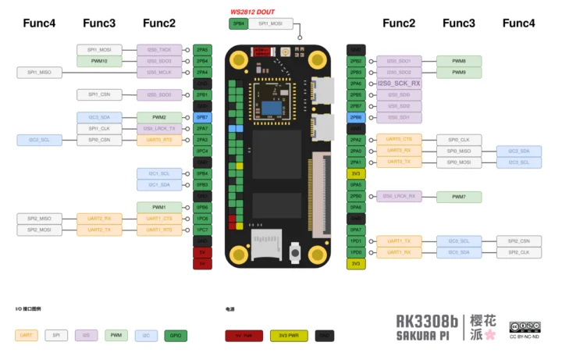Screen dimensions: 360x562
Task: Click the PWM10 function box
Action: (99, 61)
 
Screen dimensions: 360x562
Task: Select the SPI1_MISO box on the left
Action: (39, 73)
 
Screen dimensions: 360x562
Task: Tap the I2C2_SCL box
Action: (39, 140)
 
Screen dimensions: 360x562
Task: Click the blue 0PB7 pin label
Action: (202, 117)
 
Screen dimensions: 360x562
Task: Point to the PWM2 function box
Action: (159, 117)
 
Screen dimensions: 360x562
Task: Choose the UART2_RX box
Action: (99, 219)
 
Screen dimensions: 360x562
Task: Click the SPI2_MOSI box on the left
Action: (39, 230)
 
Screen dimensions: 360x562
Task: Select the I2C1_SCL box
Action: (159, 173)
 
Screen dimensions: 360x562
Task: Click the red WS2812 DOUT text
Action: (253, 12)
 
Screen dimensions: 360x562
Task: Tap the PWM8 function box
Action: (459, 61)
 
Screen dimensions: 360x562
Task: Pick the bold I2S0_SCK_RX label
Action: (399, 83)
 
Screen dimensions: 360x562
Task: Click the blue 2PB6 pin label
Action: (356, 117)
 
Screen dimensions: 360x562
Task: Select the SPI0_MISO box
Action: (459, 151)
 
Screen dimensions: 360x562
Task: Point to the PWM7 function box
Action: (459, 197)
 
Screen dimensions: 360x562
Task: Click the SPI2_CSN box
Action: (519, 241)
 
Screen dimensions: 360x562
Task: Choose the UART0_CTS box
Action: (399, 140)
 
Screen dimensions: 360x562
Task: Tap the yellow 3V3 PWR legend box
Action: (289, 336)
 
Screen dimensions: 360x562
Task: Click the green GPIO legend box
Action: (175, 336)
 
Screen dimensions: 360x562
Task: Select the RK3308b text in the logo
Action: (427, 321)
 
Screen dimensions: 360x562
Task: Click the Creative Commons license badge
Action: (525, 326)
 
